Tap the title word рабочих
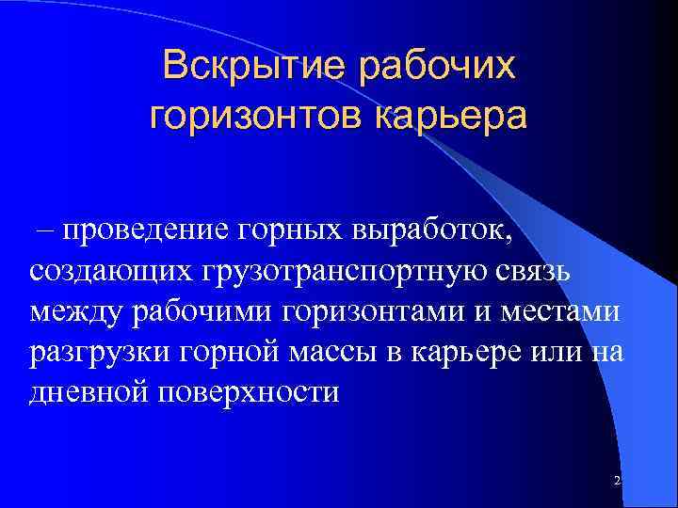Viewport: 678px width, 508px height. tap(438, 66)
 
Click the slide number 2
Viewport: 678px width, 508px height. tap(617, 481)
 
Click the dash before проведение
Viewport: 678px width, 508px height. tap(43, 230)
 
